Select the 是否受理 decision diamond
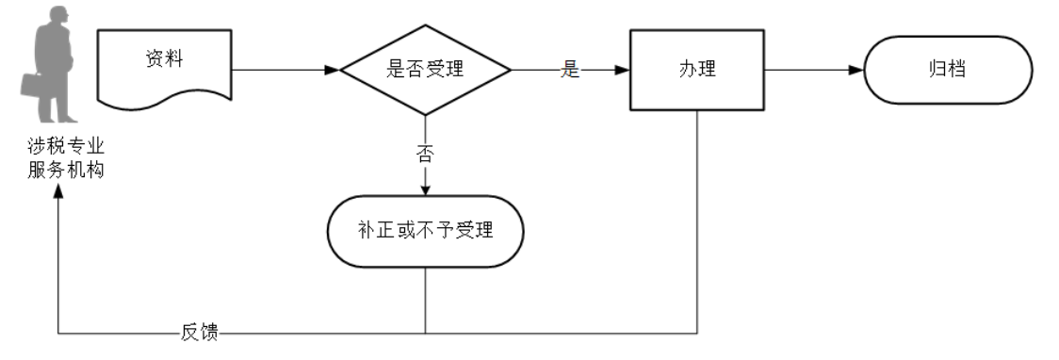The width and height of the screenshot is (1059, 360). coord(425,70)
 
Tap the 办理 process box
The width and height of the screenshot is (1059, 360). coord(697,70)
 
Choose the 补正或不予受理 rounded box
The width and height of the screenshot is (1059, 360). coord(425,231)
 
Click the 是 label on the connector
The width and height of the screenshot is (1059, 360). coord(570,70)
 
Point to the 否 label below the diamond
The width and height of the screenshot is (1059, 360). coord(425,154)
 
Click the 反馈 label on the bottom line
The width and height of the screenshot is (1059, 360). coord(199,333)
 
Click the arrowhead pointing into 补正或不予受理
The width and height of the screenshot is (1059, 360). coord(425,188)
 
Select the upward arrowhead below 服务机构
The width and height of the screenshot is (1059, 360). coord(58,189)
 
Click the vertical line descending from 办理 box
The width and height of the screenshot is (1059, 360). coord(697,226)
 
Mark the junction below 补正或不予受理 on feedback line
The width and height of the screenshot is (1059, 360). coord(425,333)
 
